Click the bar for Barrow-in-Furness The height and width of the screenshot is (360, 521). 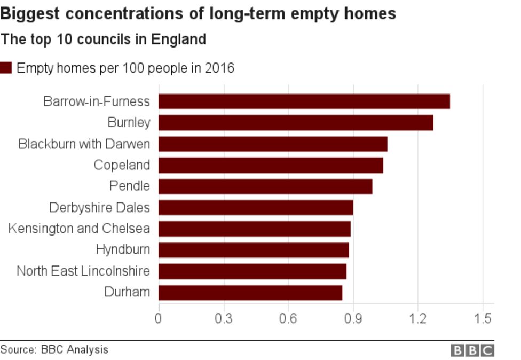point(304,101)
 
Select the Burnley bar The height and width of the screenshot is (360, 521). point(296,123)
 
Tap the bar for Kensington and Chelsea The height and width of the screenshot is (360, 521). point(255,229)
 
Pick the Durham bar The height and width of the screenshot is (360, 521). point(250,292)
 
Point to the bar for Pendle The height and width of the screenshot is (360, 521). point(265,186)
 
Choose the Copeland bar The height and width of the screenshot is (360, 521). point(271,166)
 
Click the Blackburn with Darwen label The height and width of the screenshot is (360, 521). point(84,144)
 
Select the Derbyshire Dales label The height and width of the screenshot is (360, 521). point(99,207)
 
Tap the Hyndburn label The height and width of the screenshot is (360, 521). point(123,249)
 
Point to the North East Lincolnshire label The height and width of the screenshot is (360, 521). point(83,271)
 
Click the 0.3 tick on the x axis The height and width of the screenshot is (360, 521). point(223,319)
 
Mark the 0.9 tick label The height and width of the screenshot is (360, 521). point(353,319)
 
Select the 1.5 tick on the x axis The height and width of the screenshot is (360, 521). point(483,319)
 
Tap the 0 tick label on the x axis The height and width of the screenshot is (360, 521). point(159,319)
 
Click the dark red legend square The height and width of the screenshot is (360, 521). point(6,68)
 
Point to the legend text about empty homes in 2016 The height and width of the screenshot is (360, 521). point(125,68)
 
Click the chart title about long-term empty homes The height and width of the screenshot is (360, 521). point(198,13)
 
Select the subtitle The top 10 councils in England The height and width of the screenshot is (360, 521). point(103,40)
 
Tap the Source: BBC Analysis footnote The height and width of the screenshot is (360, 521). point(54,350)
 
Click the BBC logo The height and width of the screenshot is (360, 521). point(472,350)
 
